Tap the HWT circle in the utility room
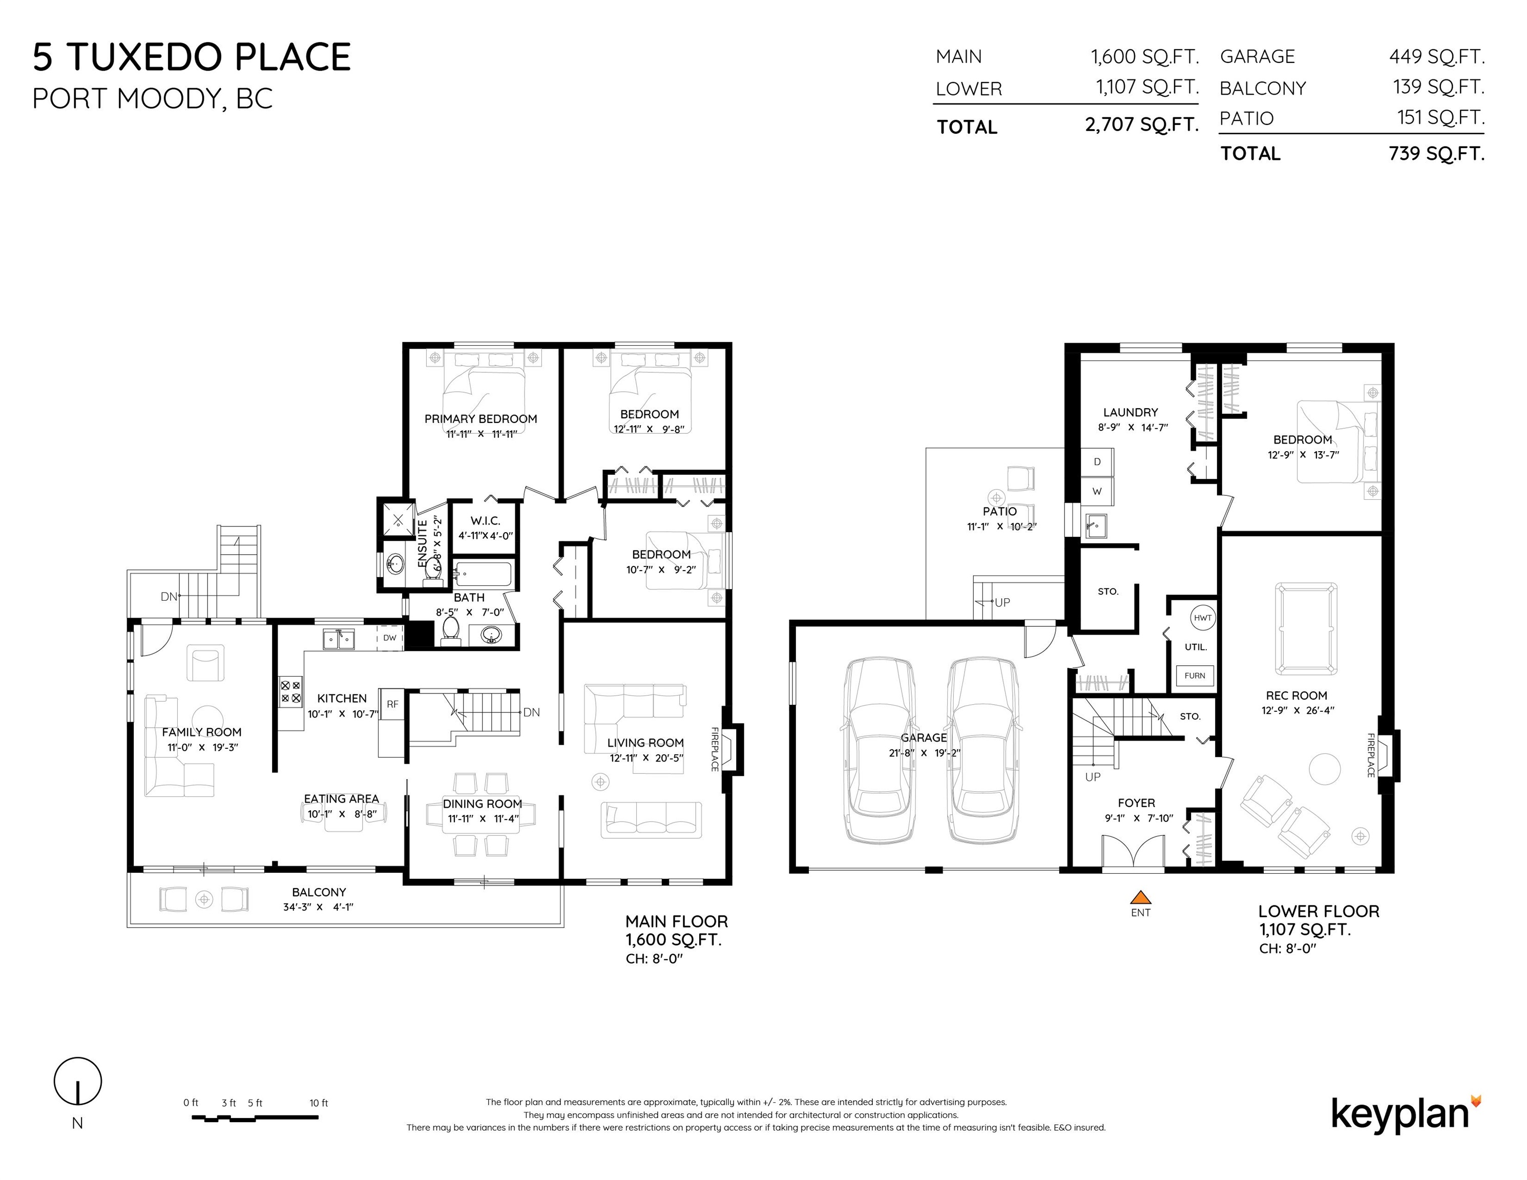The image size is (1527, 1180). tap(1203, 618)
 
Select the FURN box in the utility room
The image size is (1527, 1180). tap(1195, 676)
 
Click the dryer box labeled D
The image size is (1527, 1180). tap(1097, 462)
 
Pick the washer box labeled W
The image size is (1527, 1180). tap(1097, 492)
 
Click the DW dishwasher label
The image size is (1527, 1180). tap(389, 638)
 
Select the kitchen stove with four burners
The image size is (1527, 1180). tap(291, 692)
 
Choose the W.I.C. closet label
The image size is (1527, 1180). tap(485, 521)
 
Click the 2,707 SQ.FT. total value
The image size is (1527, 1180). tap(1142, 124)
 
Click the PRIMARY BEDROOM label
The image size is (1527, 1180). tap(481, 419)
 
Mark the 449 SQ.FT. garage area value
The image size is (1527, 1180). tap(1437, 57)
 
